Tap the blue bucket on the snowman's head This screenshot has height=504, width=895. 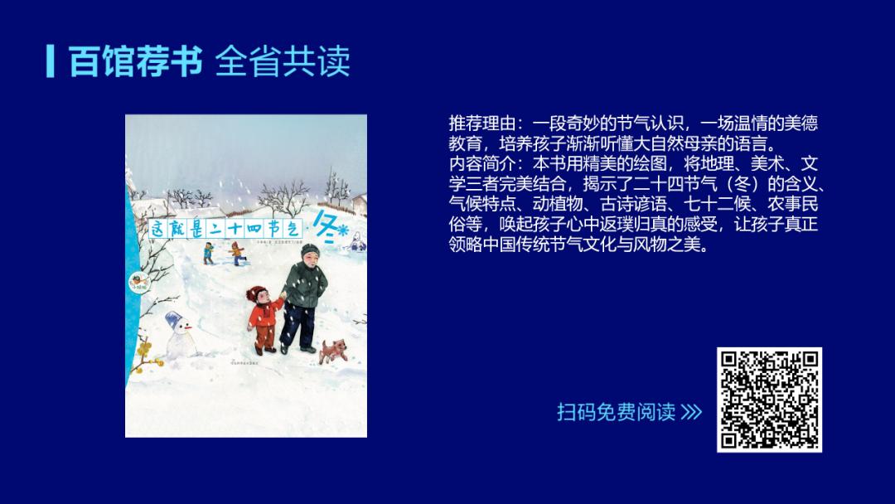pyautogui.click(x=175, y=319)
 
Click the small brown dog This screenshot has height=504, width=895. pyautogui.click(x=334, y=350)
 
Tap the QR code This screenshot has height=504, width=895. pyautogui.click(x=769, y=400)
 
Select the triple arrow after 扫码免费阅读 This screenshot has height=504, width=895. pyautogui.click(x=691, y=412)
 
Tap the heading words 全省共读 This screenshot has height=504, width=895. pyautogui.click(x=283, y=61)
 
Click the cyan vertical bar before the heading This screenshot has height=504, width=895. pyautogui.click(x=51, y=61)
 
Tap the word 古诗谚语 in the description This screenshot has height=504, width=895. pyautogui.click(x=622, y=206)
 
